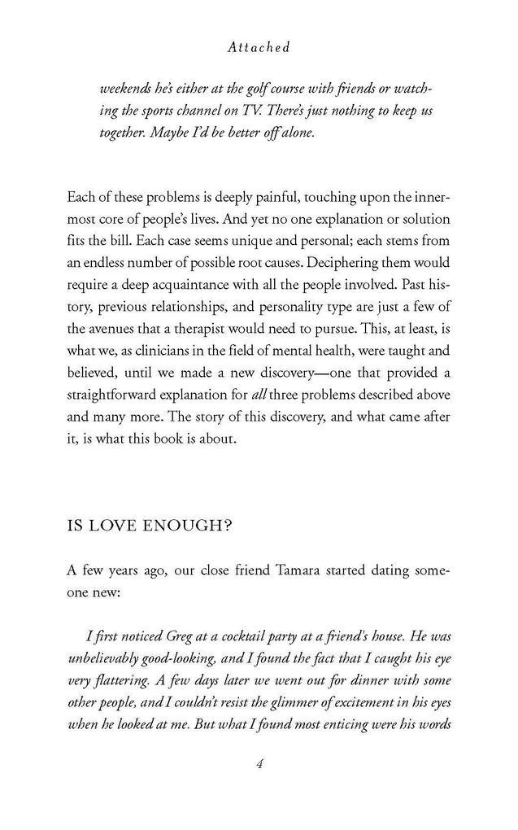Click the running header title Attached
click(x=259, y=48)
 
